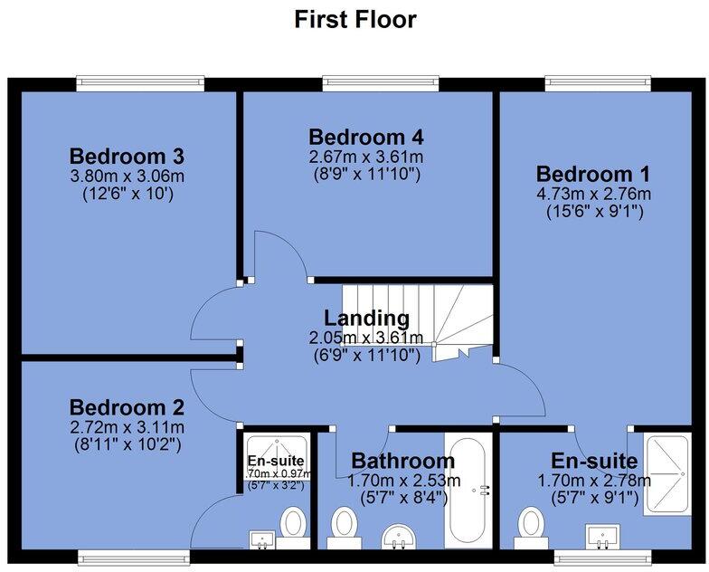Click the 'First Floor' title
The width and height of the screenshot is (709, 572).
point(355,19)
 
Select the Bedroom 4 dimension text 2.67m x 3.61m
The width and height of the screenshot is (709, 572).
point(366,157)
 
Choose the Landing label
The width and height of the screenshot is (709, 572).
point(366,319)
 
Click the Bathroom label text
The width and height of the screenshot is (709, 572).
point(398,460)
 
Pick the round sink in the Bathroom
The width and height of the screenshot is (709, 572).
point(398,537)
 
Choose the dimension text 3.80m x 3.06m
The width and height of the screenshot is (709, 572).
point(128,176)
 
